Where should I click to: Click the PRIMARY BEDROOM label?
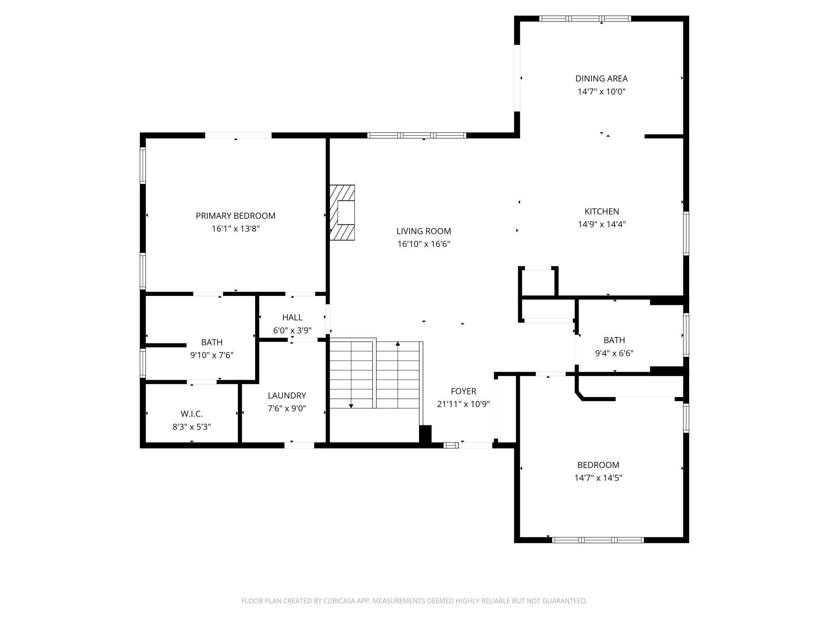coord(235,216)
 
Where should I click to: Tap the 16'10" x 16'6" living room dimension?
coord(423,244)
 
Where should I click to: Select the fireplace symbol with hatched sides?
coord(342,213)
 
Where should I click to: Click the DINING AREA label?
coord(601,79)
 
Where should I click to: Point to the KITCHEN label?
coord(601,211)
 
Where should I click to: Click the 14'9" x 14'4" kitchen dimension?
coord(601,224)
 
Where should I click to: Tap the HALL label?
coord(292,317)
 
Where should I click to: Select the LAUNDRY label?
coord(287,396)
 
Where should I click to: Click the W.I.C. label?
coord(191,414)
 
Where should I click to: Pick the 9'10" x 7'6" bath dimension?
coord(211,355)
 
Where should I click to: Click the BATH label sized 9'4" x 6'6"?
coord(614,340)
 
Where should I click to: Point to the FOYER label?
coord(463,391)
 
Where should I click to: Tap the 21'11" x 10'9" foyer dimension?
coord(463,404)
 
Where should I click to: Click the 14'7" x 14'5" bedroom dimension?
coord(598,478)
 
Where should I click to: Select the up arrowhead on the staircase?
coord(397,344)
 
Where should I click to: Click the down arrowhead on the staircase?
coord(351,406)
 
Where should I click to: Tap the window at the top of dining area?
coord(585,18)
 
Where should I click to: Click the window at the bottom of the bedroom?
coord(597,540)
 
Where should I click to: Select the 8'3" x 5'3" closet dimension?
coord(191,427)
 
